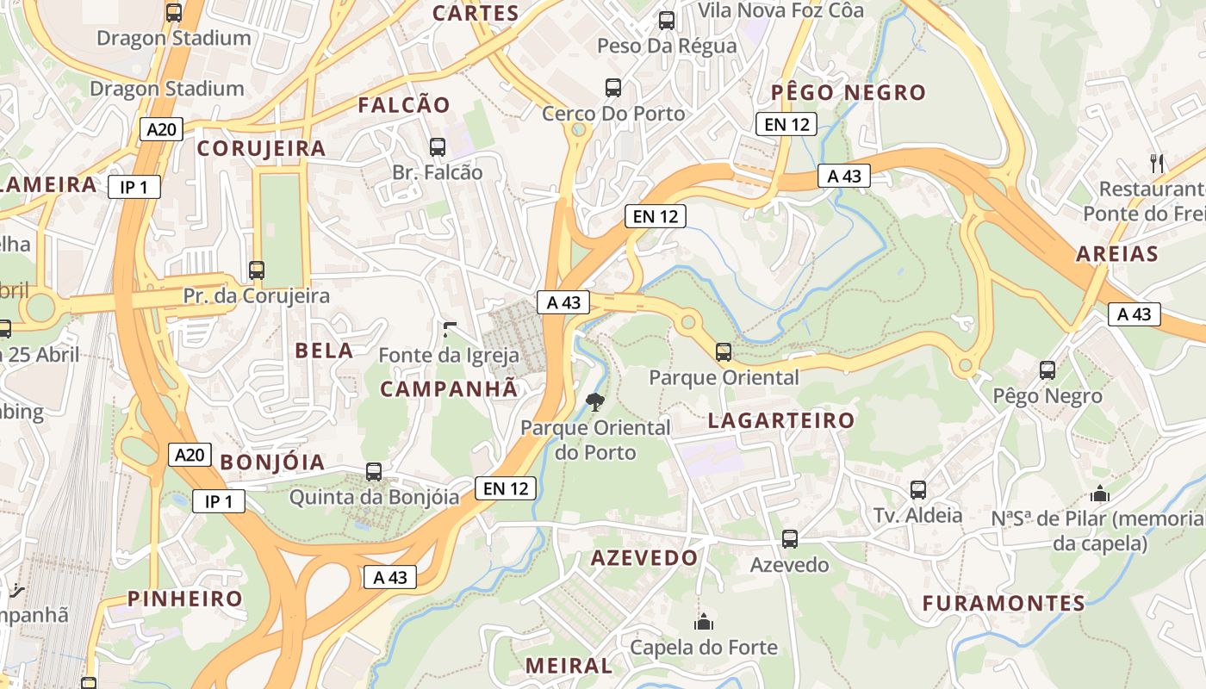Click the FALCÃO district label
click(404, 105)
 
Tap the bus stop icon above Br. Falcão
click(438, 147)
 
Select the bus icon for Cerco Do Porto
click(613, 88)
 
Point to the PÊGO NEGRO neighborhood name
click(848, 92)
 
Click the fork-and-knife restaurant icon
click(1157, 163)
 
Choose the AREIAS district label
click(1116, 254)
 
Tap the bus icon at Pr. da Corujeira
click(257, 270)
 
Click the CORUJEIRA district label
click(262, 148)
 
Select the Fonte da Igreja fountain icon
click(449, 329)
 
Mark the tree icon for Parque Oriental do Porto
click(594, 401)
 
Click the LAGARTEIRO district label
click(780, 420)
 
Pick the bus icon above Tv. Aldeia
click(918, 490)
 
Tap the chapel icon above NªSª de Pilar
click(1099, 494)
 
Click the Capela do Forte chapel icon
click(704, 622)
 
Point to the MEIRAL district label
click(569, 666)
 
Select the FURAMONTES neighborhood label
click(1004, 603)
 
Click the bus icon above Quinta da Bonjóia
click(374, 472)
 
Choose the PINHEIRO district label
click(185, 599)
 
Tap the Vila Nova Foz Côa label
click(780, 10)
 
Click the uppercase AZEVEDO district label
click(643, 558)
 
